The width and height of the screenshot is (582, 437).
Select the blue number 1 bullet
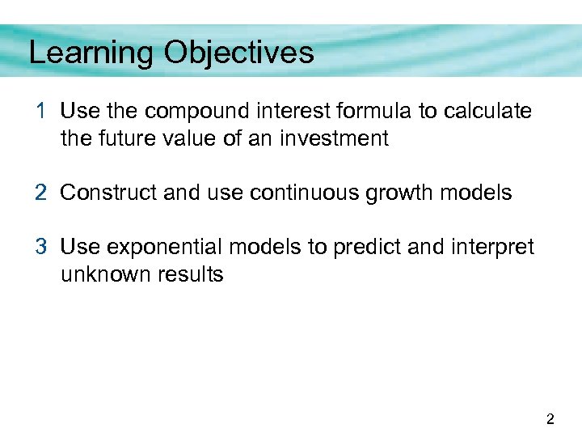tap(40, 111)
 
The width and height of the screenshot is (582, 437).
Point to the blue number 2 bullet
tap(41, 193)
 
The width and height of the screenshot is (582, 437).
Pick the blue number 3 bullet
tap(41, 247)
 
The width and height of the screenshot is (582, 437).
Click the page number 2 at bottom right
tap(550, 418)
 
